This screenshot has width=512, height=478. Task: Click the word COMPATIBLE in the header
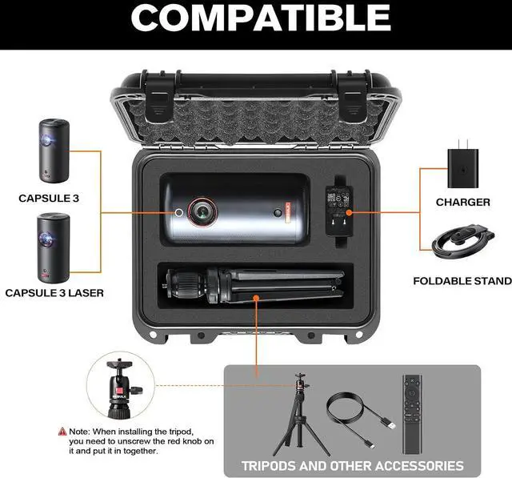(261, 18)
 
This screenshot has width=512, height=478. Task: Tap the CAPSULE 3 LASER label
(54, 293)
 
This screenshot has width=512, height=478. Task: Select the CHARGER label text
(462, 203)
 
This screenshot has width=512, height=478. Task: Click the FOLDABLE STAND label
(462, 281)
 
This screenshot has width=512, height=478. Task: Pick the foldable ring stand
(463, 241)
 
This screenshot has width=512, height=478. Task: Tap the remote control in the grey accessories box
(412, 414)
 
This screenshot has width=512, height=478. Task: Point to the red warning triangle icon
(62, 432)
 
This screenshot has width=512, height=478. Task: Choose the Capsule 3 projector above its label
(54, 151)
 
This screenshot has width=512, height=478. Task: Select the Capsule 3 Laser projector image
(54, 247)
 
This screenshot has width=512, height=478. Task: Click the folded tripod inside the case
(254, 285)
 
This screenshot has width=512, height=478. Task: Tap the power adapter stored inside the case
(339, 211)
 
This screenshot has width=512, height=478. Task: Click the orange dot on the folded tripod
(256, 298)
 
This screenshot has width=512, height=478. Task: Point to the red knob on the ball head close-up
(119, 391)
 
